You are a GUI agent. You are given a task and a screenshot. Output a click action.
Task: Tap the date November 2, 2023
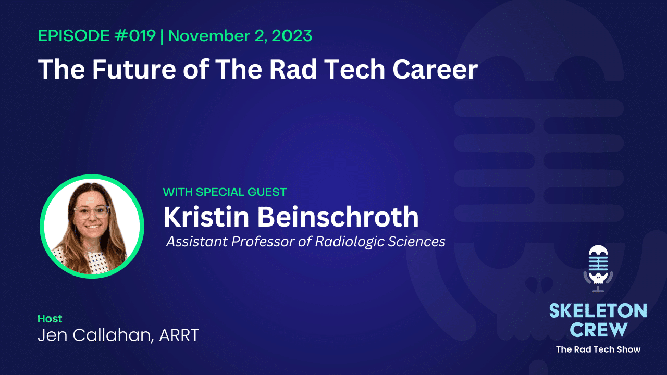click(x=240, y=36)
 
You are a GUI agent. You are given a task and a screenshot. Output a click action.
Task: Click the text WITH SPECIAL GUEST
click(x=225, y=192)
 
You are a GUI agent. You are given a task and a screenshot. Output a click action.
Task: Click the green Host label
click(x=50, y=318)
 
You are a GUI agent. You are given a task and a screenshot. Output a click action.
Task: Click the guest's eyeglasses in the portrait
click(x=92, y=211)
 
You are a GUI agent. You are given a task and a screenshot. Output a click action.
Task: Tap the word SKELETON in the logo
click(x=598, y=311)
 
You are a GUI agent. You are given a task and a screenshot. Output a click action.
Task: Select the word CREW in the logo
click(x=598, y=329)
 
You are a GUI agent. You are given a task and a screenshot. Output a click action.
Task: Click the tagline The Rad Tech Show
click(x=598, y=349)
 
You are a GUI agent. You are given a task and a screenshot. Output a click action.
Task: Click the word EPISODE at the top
click(x=71, y=36)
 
